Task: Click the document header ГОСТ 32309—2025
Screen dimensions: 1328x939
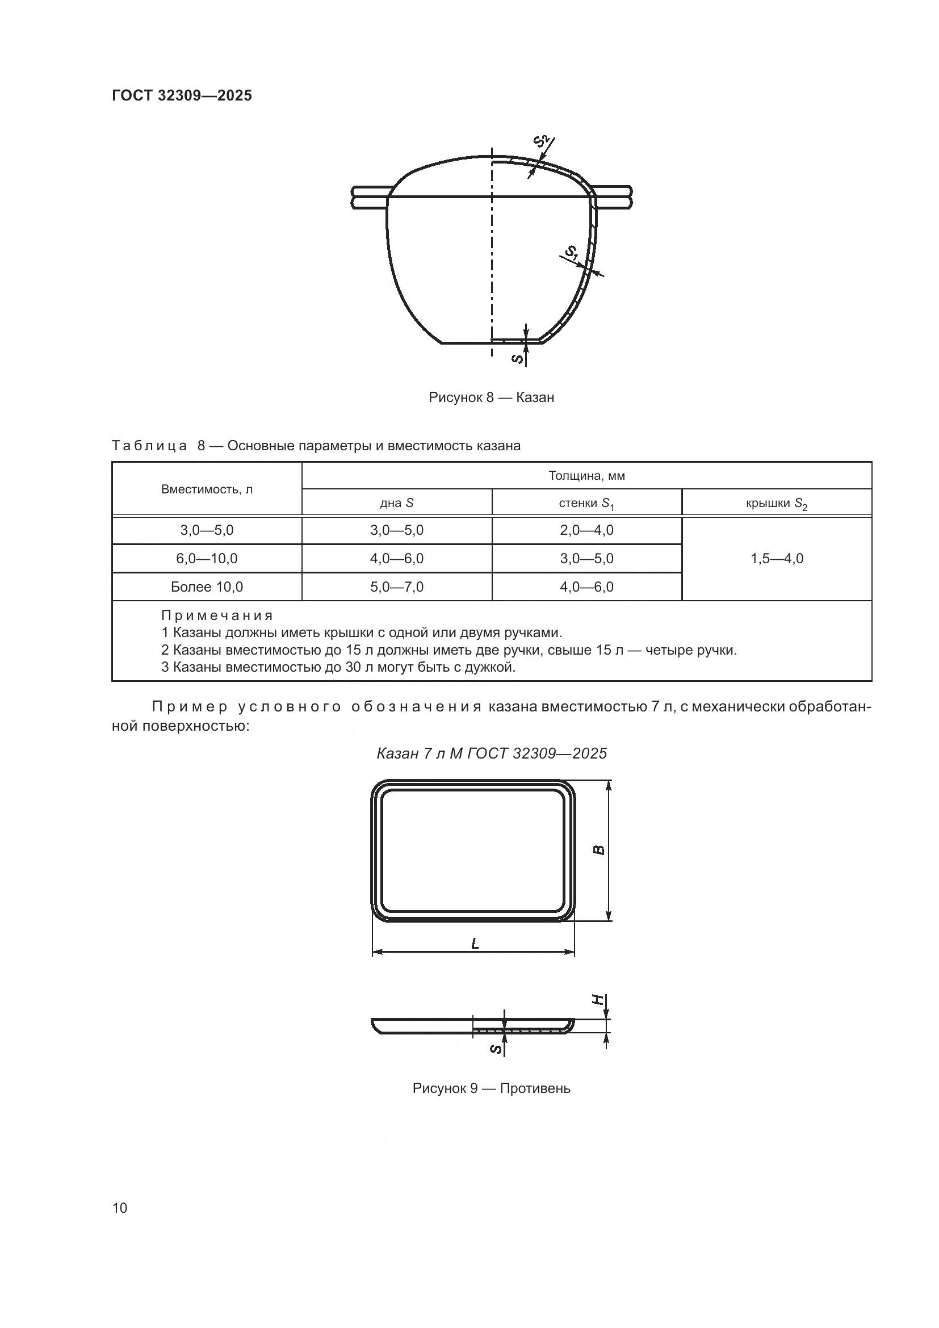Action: coord(182,95)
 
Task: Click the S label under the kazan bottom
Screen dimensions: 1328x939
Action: coord(519,359)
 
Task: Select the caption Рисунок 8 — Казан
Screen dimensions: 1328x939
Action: coord(491,397)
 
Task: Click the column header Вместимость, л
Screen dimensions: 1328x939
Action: coord(207,489)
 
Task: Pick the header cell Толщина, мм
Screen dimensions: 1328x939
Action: coord(586,476)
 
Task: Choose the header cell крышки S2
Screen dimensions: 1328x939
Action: coord(777,503)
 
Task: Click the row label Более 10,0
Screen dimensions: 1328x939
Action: coord(207,587)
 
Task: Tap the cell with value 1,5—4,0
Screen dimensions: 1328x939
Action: coord(777,559)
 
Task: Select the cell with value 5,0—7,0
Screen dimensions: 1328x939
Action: coord(397,587)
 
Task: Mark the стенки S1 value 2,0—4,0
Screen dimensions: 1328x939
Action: coord(586,530)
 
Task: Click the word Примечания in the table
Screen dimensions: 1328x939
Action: coord(217,615)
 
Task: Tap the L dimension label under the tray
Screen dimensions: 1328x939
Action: coord(475,944)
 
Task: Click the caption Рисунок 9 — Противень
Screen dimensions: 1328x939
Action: coord(491,1088)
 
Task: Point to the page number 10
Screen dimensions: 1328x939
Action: coord(120,1208)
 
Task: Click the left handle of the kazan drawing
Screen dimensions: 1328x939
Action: coord(370,196)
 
